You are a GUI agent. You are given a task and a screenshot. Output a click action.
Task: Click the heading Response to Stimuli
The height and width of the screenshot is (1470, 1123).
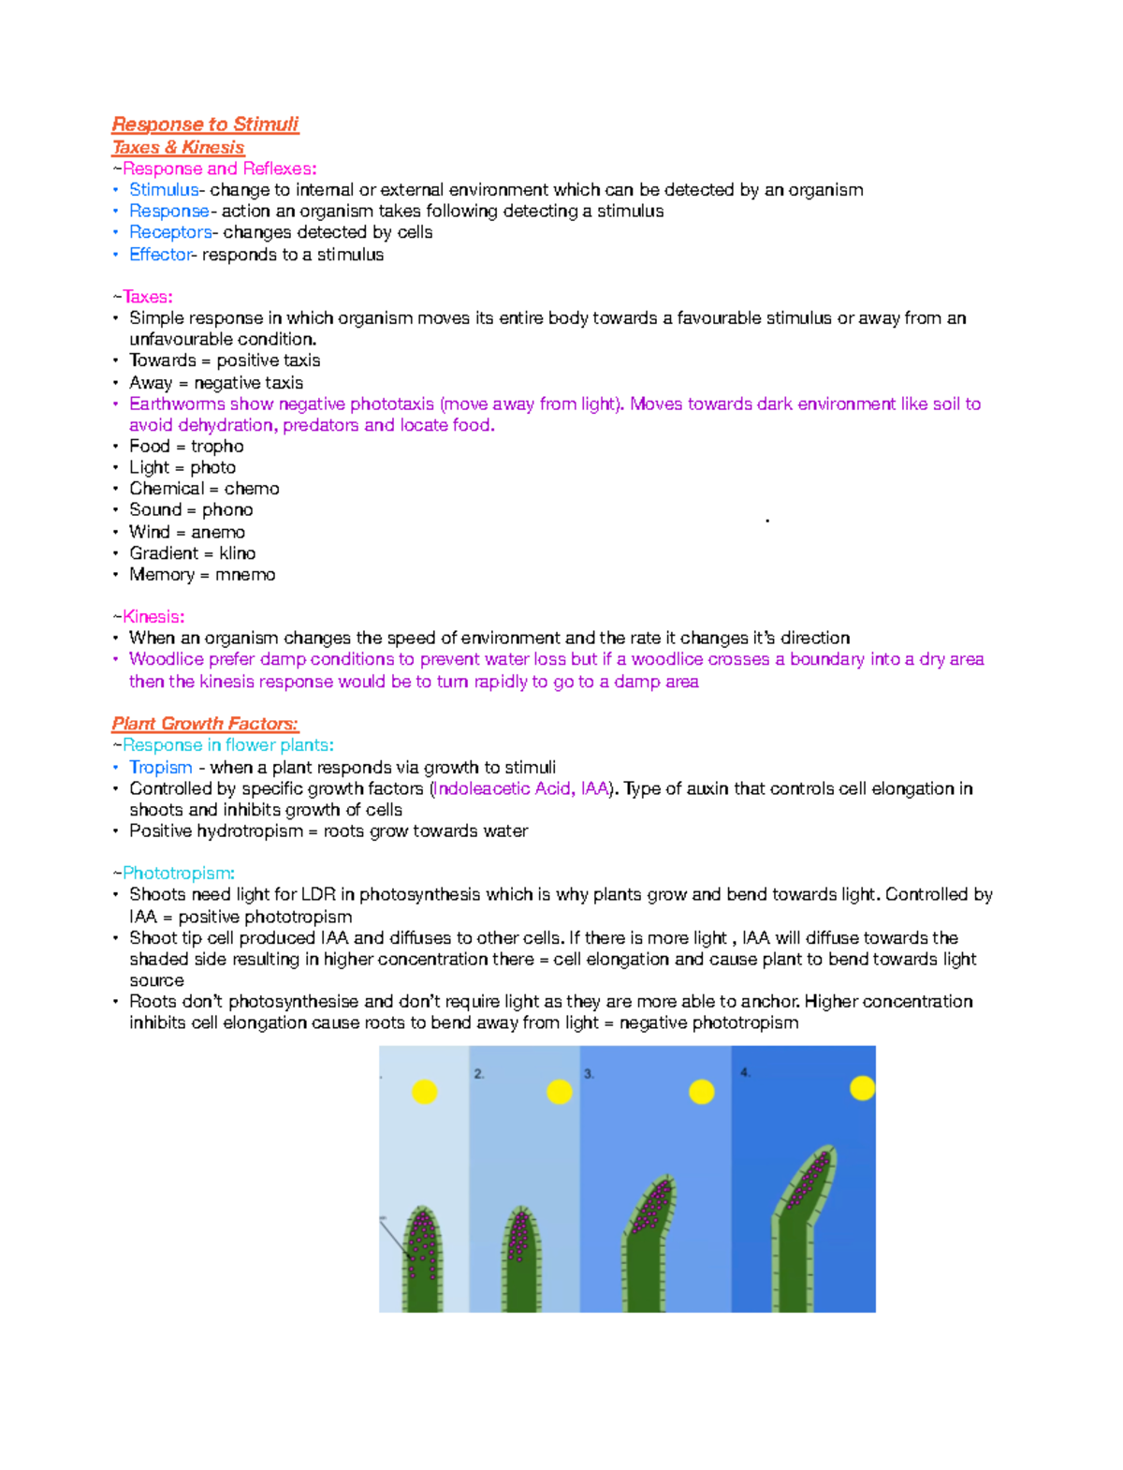click(x=205, y=125)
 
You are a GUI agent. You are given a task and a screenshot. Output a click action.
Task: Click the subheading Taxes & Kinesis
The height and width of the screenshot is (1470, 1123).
click(x=178, y=147)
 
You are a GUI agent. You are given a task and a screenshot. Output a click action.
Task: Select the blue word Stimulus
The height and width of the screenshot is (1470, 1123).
click(x=164, y=190)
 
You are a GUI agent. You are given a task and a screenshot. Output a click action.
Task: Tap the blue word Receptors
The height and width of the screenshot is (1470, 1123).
click(x=170, y=232)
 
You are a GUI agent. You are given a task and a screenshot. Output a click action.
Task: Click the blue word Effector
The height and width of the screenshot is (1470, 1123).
click(x=159, y=255)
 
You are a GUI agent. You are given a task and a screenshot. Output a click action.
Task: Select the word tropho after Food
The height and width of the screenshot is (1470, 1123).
click(x=217, y=447)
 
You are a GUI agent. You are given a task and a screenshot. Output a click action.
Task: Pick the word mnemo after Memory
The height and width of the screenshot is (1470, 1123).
click(x=245, y=575)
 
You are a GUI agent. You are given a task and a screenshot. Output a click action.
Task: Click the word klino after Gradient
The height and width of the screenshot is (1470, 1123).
click(x=238, y=553)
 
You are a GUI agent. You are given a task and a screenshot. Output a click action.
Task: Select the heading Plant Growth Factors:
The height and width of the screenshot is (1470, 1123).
click(x=205, y=724)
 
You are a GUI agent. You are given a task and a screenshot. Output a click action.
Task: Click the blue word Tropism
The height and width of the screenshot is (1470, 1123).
click(x=160, y=767)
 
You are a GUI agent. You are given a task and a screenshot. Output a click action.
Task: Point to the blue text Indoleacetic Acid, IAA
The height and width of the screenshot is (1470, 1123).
click(x=521, y=788)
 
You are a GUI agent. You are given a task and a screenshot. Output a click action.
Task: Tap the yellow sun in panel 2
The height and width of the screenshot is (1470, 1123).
click(x=560, y=1092)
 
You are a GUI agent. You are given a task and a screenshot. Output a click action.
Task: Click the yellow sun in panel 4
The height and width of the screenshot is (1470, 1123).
click(x=862, y=1088)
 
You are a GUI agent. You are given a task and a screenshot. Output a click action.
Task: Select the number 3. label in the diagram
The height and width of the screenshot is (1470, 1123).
click(x=590, y=1074)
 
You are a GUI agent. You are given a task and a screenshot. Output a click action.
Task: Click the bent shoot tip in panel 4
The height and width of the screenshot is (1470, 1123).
click(x=812, y=1175)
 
